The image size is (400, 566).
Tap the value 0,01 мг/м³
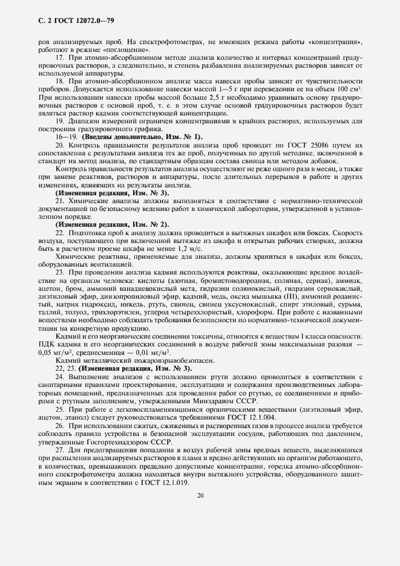[x=151, y=351]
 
